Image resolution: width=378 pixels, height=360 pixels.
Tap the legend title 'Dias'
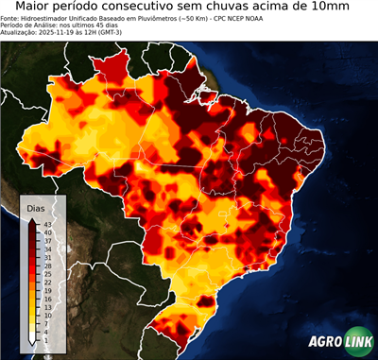37,207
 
